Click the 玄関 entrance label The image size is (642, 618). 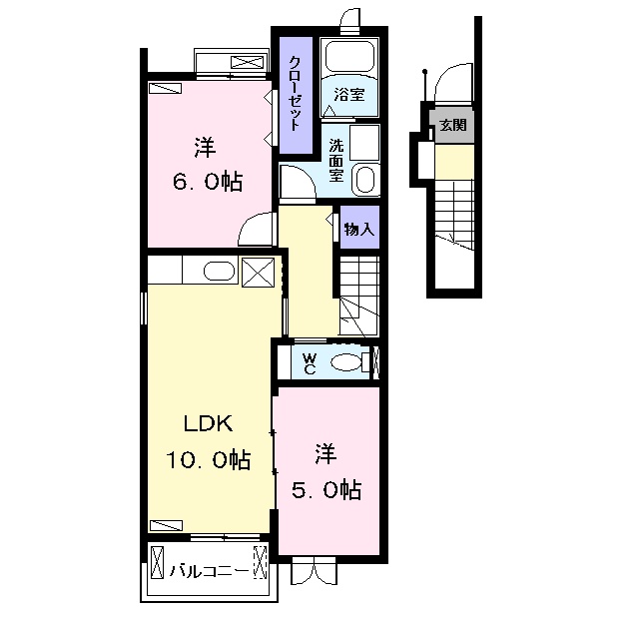453,125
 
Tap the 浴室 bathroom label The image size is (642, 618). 348,95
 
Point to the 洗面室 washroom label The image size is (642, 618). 336,161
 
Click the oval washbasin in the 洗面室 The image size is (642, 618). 364,178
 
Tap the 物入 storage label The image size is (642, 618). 359,229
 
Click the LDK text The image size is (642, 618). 209,423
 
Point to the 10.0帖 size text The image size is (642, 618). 208,459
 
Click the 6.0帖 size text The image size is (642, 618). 208,182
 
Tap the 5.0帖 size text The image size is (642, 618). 326,490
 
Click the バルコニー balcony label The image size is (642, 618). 210,570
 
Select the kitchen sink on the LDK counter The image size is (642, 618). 219,272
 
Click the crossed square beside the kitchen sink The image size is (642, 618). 258,273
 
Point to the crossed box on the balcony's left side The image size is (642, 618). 157,562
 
